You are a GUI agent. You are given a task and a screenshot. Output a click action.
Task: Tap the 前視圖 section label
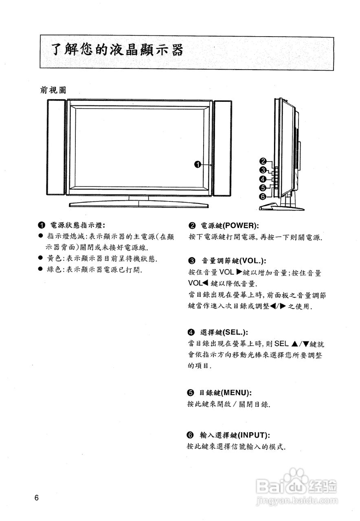tap(53, 90)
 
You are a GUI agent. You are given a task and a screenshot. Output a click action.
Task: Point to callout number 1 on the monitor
tap(198, 164)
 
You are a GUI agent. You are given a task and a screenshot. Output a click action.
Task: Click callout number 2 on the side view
tap(263, 161)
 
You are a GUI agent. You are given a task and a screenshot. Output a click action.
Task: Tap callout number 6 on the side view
tap(263, 197)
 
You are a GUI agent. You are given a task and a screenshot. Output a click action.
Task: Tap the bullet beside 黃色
tap(40, 258)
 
